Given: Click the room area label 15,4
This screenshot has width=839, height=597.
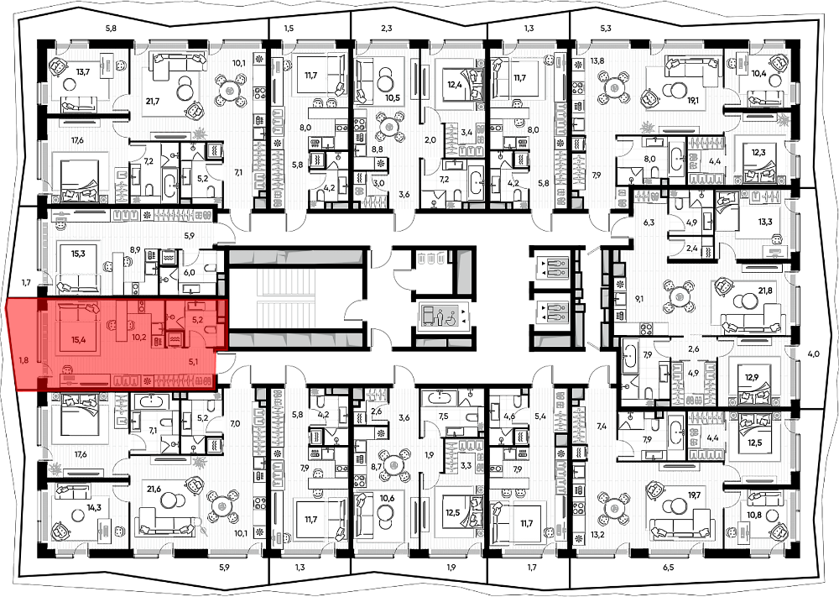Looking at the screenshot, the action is tap(78, 338).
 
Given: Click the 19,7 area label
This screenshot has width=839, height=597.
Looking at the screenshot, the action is tap(694, 495).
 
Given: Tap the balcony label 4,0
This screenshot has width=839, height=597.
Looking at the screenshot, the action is tap(813, 353).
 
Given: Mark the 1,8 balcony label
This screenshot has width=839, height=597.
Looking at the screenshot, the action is tap(24, 360).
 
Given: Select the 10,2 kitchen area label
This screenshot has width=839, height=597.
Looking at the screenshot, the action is tap(138, 338).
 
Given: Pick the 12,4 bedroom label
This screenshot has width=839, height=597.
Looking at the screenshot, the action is tap(454, 83).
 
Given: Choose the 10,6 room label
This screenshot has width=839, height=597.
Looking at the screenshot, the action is tap(387, 499).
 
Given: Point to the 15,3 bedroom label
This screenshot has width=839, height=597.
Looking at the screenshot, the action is tap(78, 254).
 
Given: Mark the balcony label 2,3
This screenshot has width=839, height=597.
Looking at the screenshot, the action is tap(387, 29).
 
